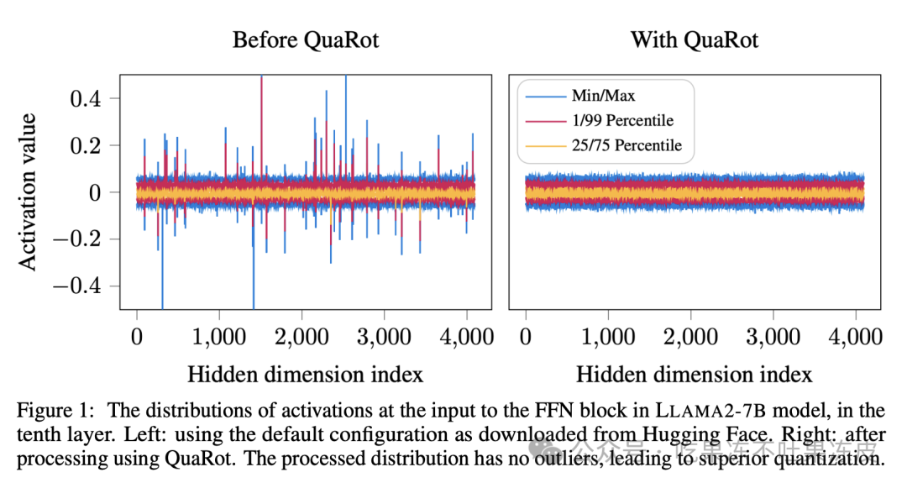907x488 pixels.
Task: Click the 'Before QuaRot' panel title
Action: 305,39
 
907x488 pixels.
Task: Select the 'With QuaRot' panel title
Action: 694,39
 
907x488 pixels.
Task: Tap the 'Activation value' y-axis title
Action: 29,192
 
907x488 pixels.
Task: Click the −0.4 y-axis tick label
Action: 74,286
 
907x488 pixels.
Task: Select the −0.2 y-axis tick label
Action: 74,239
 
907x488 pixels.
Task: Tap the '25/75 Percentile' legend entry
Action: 627,146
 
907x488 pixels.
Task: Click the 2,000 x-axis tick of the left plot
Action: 301,338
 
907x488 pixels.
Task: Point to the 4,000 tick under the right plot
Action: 855,338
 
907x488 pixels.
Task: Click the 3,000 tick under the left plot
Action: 384,338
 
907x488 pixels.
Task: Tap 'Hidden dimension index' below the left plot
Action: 305,373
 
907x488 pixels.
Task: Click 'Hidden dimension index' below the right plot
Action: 694,373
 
